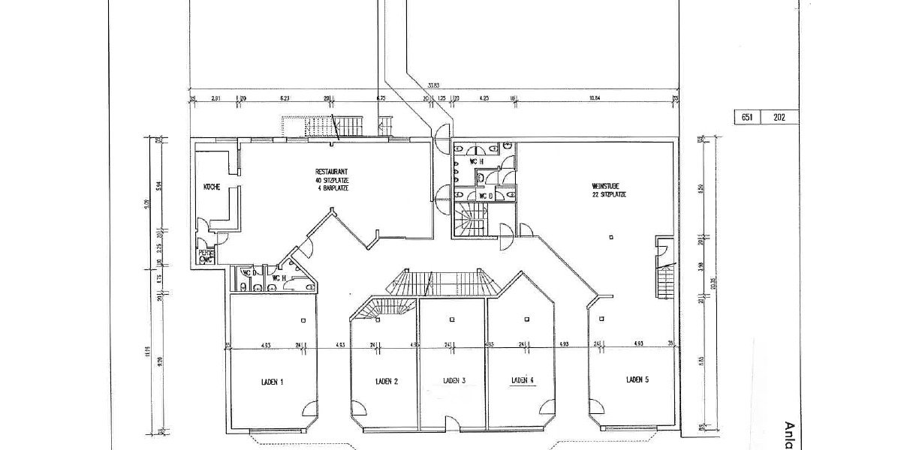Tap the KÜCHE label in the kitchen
(x=211, y=187)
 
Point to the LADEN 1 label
(x=271, y=382)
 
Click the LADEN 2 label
(x=386, y=382)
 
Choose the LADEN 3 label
(x=454, y=381)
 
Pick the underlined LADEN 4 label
(x=522, y=380)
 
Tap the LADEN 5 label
(x=637, y=379)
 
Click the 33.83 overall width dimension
(x=433, y=85)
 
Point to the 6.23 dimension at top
(x=285, y=97)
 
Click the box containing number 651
(x=746, y=117)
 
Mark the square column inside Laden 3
(x=452, y=320)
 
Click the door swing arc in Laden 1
(x=309, y=409)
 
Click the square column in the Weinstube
(x=612, y=238)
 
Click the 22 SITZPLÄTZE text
(x=608, y=194)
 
